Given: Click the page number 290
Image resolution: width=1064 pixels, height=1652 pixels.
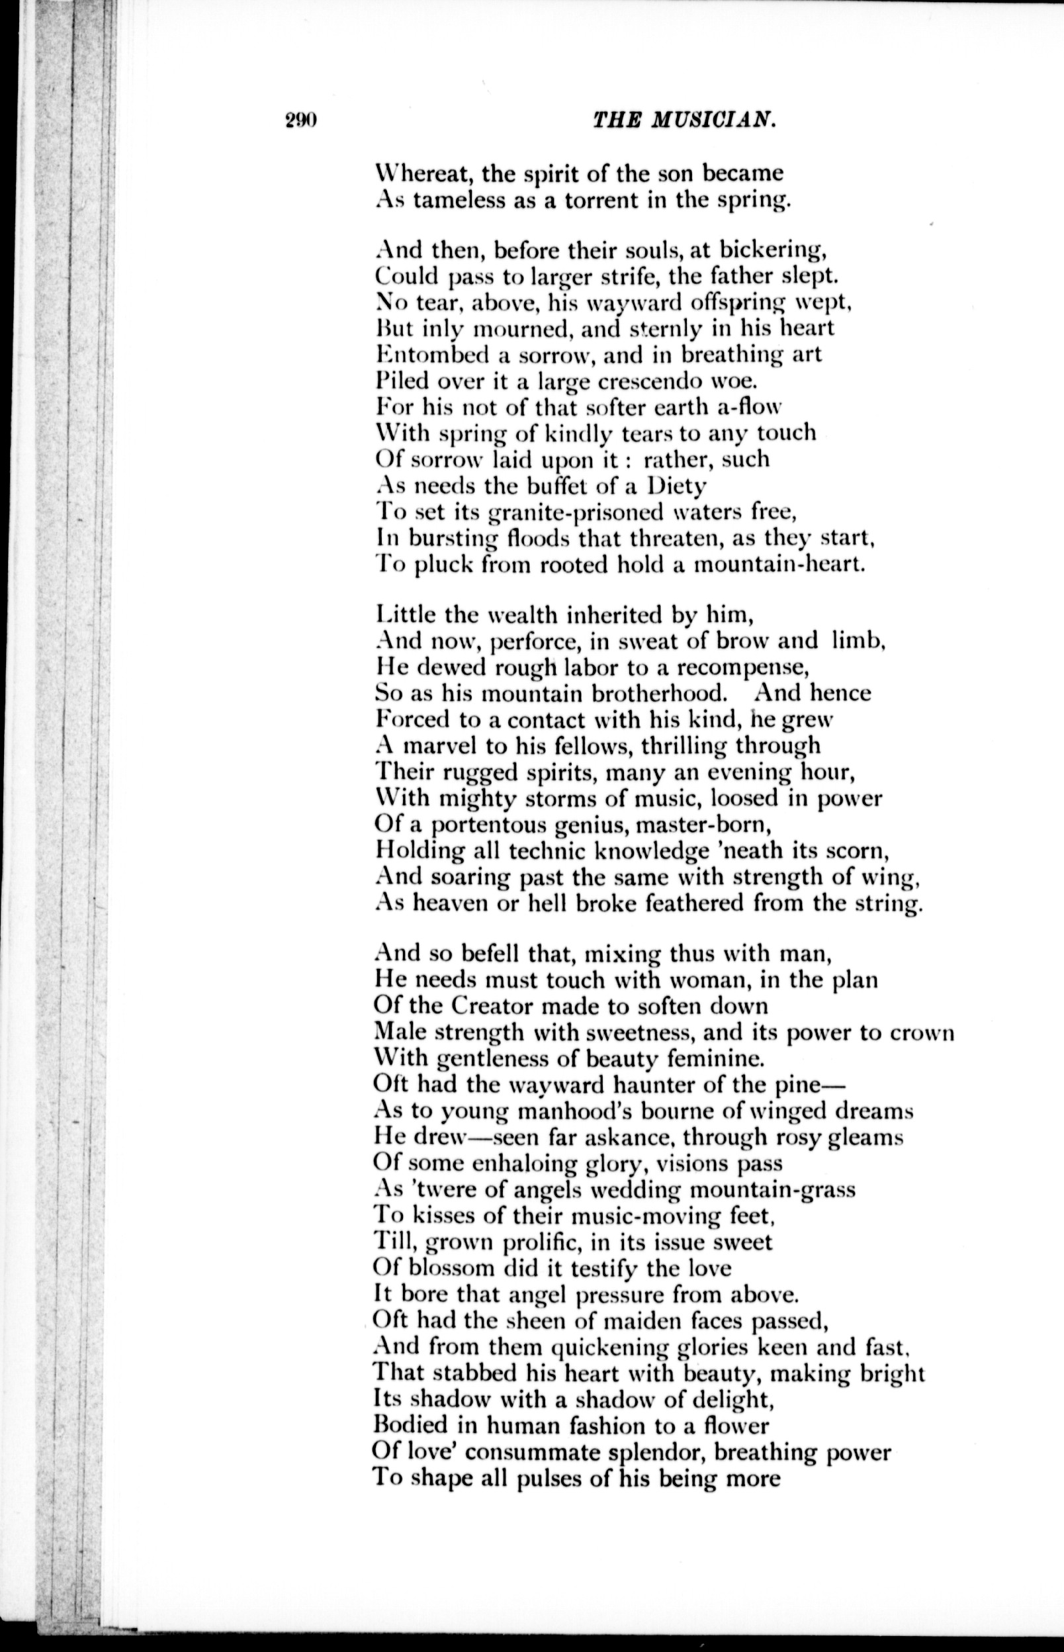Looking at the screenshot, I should click(x=300, y=120).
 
